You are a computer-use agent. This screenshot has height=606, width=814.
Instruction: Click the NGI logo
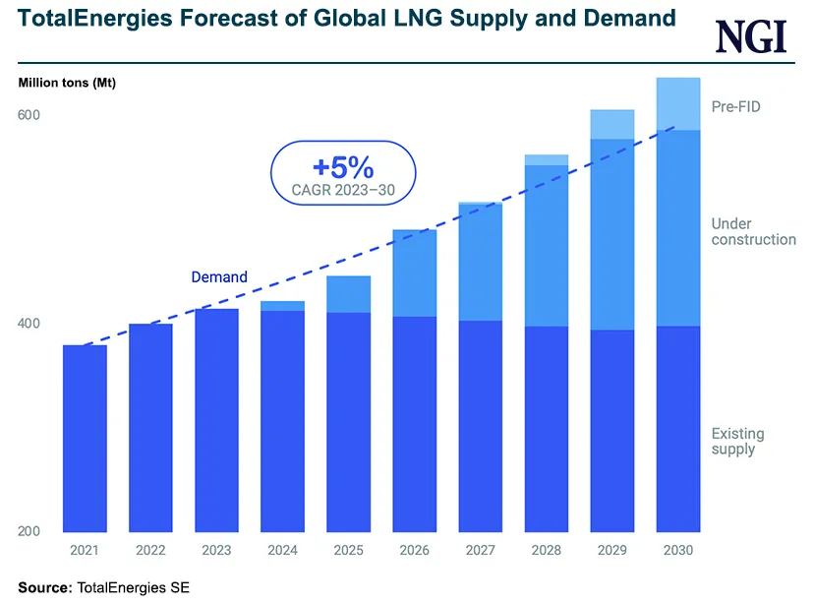coord(751,37)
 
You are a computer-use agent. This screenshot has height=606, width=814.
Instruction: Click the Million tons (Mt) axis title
coord(67,83)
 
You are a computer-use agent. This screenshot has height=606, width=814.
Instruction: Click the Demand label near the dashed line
coord(219,277)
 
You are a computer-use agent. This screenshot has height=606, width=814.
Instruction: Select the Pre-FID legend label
coord(736,106)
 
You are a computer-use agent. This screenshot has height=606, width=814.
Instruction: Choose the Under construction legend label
coord(753,232)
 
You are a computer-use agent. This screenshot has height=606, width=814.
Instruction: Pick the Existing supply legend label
coord(737,442)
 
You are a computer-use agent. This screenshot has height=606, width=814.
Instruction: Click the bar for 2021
coord(85,438)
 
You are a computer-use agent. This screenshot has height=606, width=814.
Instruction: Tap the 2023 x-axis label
coord(216,551)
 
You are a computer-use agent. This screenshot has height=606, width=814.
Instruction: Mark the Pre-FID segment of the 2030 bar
coord(677,103)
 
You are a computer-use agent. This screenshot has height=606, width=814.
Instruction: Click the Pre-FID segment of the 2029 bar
coord(611,124)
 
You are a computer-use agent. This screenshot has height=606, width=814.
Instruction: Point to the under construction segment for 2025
coord(348,294)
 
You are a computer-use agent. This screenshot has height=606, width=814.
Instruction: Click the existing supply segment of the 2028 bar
coord(546,429)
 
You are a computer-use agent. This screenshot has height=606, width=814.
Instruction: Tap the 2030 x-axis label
coord(677,551)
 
